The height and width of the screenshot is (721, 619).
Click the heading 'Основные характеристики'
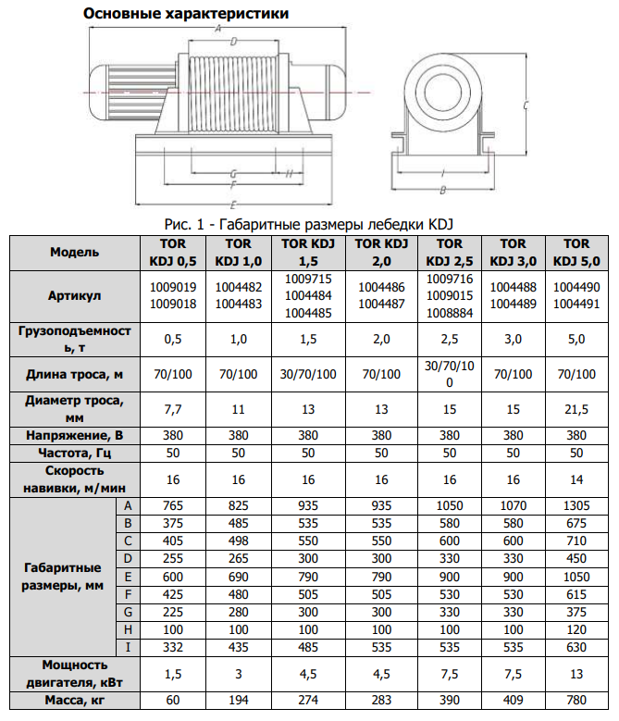coord(186,13)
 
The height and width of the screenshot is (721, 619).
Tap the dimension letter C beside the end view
coord(526,105)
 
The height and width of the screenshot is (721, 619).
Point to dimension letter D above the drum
coord(233,42)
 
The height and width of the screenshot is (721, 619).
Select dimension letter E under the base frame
coord(233,205)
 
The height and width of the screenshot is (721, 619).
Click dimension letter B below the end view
coord(442,190)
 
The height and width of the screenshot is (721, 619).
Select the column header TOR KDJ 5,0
coord(576,253)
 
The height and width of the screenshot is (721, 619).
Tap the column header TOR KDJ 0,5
coord(173,253)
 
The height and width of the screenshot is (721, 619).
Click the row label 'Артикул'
coord(74,295)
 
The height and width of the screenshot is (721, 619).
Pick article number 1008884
coord(450,313)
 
